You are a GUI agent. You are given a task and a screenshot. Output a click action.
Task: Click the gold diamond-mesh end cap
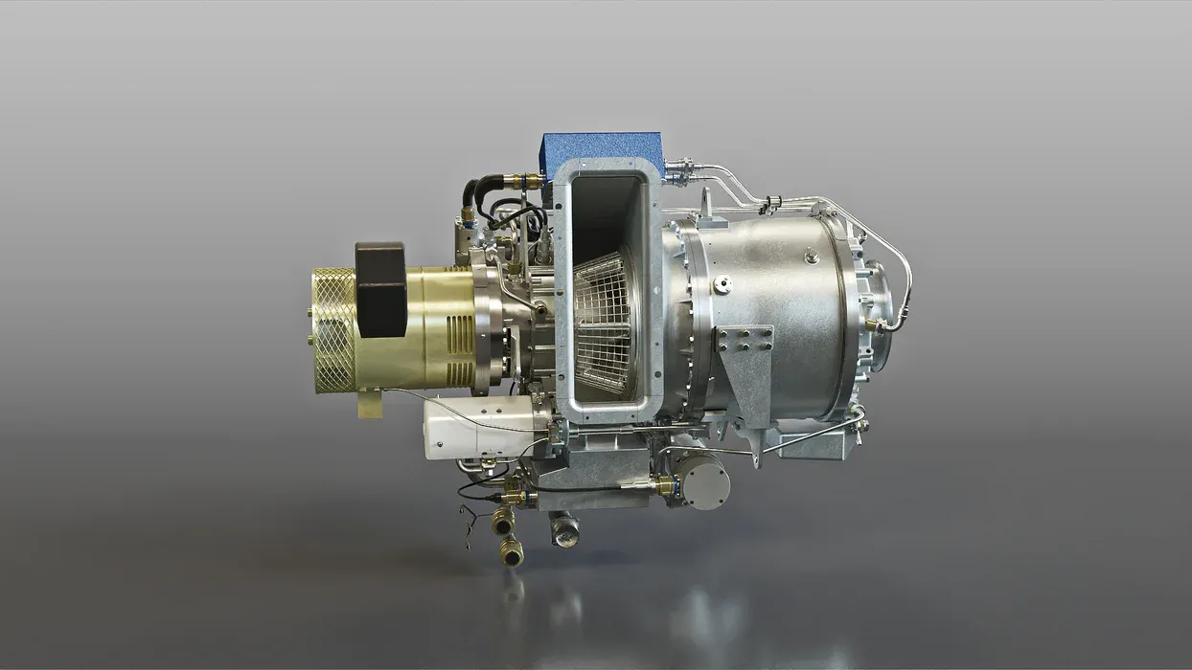tap(332, 330)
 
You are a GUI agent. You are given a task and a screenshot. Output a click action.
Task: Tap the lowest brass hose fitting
tap(512, 551)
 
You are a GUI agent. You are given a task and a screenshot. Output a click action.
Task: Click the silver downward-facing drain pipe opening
tap(564, 529)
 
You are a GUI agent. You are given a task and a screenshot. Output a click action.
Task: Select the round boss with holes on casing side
tap(722, 283)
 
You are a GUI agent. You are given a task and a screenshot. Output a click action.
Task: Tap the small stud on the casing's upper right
tap(812, 257)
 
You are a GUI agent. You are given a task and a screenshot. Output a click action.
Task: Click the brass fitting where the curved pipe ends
tap(873, 325)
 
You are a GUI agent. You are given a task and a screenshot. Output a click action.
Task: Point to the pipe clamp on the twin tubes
tap(769, 203)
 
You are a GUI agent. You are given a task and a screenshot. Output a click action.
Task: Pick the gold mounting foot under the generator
tap(371, 405)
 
